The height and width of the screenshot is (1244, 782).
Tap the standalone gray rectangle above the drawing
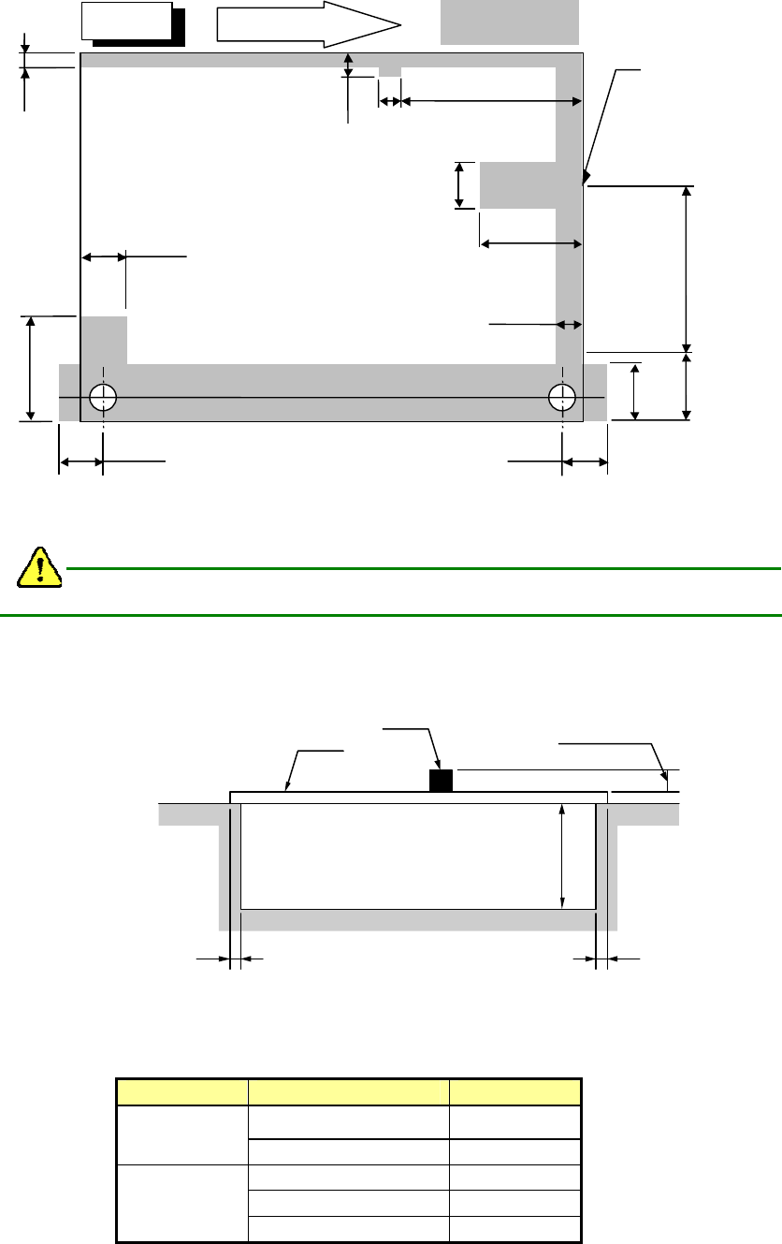(x=510, y=22)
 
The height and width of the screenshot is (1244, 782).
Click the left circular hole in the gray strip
(x=103, y=397)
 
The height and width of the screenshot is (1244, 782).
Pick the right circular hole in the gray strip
(x=562, y=397)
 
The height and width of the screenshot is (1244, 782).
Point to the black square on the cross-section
(x=441, y=781)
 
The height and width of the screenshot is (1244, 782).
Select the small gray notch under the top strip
(x=390, y=72)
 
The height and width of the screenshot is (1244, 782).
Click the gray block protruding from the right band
(x=519, y=184)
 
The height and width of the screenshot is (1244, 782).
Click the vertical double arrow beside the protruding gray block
(x=459, y=184)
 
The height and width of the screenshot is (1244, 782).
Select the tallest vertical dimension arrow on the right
(x=688, y=269)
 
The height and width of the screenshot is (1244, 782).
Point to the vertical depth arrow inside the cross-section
(x=562, y=856)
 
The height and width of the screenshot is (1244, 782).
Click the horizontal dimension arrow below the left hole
(x=81, y=461)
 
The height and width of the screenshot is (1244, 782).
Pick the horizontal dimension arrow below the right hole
(x=585, y=461)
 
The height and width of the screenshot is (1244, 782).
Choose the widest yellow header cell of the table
(x=348, y=1092)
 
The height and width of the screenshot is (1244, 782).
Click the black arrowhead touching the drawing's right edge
(x=585, y=176)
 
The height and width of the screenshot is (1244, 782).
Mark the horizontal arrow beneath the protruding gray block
(x=531, y=244)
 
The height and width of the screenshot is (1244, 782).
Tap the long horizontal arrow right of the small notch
(x=492, y=101)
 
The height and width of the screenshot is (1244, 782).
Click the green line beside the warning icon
(x=421, y=568)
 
